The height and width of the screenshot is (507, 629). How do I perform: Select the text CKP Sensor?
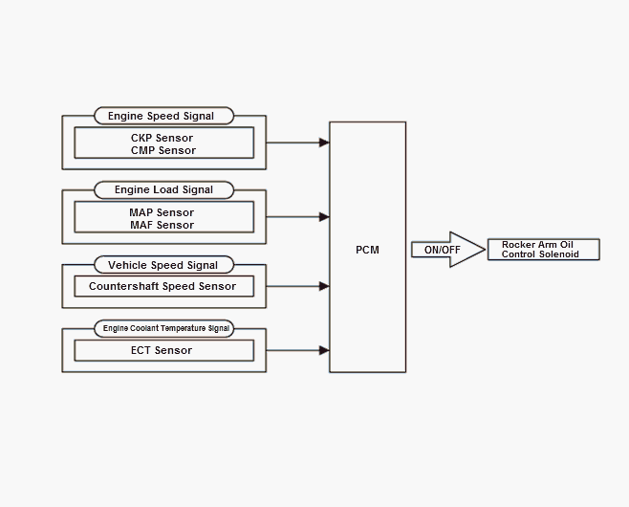[x=162, y=138]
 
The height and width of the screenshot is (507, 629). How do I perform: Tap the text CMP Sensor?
[x=163, y=150]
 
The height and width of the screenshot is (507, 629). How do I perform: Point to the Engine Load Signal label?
[x=164, y=189]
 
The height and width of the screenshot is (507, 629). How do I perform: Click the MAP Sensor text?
[x=162, y=212]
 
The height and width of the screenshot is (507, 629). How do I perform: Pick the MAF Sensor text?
[x=163, y=225]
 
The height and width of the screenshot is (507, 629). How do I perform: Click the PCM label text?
[x=367, y=250]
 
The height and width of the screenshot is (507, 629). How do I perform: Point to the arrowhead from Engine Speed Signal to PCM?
[x=324, y=143]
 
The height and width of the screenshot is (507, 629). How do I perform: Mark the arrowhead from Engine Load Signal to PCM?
[x=324, y=217]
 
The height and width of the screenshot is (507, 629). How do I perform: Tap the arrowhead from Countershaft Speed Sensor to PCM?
[x=324, y=286]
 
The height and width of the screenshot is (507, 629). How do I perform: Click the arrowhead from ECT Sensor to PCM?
[x=324, y=350]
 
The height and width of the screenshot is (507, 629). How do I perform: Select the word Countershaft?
[x=123, y=286]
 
